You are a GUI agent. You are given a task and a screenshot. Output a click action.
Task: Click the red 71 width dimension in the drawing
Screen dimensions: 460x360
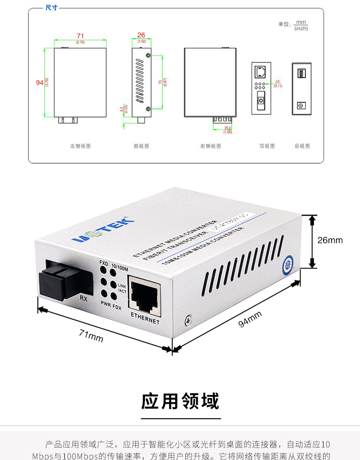[x=80, y=36]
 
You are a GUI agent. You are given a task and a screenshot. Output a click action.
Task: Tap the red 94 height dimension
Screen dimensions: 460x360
[x=40, y=83]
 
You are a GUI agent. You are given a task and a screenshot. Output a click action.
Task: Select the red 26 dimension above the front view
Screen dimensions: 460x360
[x=141, y=35]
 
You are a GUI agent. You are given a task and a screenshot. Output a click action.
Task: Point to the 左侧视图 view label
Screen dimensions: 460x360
[x=80, y=146]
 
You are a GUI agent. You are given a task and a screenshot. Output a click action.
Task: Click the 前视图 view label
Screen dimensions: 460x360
[x=141, y=146]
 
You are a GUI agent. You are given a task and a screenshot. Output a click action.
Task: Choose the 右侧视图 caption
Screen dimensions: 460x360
[x=210, y=146]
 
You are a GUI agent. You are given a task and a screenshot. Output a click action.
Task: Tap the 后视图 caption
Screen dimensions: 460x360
[x=302, y=146]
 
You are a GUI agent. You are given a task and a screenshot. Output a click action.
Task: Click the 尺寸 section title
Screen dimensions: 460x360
[x=51, y=8]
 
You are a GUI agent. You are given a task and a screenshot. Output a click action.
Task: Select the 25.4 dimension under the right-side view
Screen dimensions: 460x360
[x=228, y=128]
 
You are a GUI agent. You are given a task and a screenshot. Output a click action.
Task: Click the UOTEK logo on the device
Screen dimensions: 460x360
[x=104, y=231]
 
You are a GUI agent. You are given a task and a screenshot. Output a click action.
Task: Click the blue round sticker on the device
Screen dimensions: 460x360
[x=289, y=263]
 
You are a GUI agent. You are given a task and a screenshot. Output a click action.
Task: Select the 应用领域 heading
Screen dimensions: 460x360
[x=180, y=401]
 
